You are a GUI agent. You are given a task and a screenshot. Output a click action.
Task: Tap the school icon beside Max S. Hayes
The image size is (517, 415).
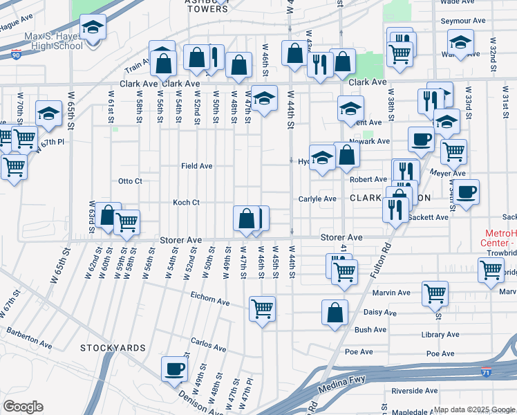click(x=92, y=28)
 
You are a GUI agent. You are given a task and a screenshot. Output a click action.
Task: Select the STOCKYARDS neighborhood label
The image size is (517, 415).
click(x=112, y=347)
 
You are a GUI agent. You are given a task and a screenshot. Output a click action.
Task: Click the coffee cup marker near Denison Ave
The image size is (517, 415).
click(x=174, y=369)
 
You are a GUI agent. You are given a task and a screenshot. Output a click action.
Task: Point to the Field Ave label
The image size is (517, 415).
click(x=196, y=166)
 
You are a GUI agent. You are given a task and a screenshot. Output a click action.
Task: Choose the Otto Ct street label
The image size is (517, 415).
click(x=130, y=181)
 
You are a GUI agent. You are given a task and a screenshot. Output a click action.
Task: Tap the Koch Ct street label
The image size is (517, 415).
click(x=186, y=203)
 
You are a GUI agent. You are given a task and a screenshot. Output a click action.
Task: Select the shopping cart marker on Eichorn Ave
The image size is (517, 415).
click(x=262, y=308)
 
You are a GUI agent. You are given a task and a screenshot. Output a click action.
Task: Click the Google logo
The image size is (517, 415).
click(x=23, y=407)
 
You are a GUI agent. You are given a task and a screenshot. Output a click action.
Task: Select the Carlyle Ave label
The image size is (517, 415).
click(x=317, y=199)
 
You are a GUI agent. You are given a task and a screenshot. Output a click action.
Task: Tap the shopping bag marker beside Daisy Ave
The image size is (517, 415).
click(x=335, y=312)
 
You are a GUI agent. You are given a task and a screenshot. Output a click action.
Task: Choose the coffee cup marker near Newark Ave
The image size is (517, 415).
click(x=420, y=140)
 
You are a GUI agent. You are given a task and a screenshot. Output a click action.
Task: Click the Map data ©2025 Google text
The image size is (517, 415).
click(x=474, y=409)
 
